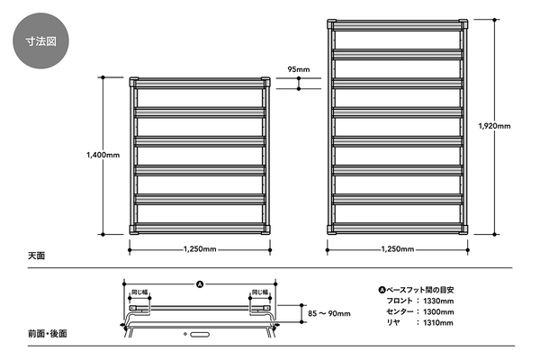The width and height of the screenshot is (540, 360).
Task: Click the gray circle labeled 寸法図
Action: coord(40,40)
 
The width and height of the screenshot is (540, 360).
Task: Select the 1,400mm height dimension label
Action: coord(103,155)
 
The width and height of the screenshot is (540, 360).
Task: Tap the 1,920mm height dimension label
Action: coord(494,126)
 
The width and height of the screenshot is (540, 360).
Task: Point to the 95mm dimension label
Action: coord(299,69)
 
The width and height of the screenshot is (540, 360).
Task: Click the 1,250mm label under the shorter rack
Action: coord(200,249)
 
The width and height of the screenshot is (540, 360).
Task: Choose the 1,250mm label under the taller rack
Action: coord(398,249)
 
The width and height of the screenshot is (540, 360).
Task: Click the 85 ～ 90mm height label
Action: coord(329,313)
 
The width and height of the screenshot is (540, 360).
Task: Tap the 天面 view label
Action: coord(37,256)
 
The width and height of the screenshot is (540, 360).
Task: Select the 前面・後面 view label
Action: coord(48,334)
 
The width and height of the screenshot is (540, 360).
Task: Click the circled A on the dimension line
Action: coord(200,284)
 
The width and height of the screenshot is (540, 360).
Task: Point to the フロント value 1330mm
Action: coord(438,301)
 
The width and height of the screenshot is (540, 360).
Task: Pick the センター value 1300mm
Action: coord(438,312)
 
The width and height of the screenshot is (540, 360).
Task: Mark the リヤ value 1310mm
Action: coord(438,323)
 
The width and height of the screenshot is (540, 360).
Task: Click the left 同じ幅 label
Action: coord(139,292)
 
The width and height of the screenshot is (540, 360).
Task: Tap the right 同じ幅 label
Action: coord(260,292)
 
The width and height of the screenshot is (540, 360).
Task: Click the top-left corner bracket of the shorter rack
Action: coord(133,82)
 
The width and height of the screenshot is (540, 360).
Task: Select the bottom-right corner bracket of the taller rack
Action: coord(463,229)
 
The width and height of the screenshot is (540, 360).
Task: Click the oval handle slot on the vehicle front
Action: coord(200,334)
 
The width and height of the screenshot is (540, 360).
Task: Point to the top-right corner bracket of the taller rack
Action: coord(463,24)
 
